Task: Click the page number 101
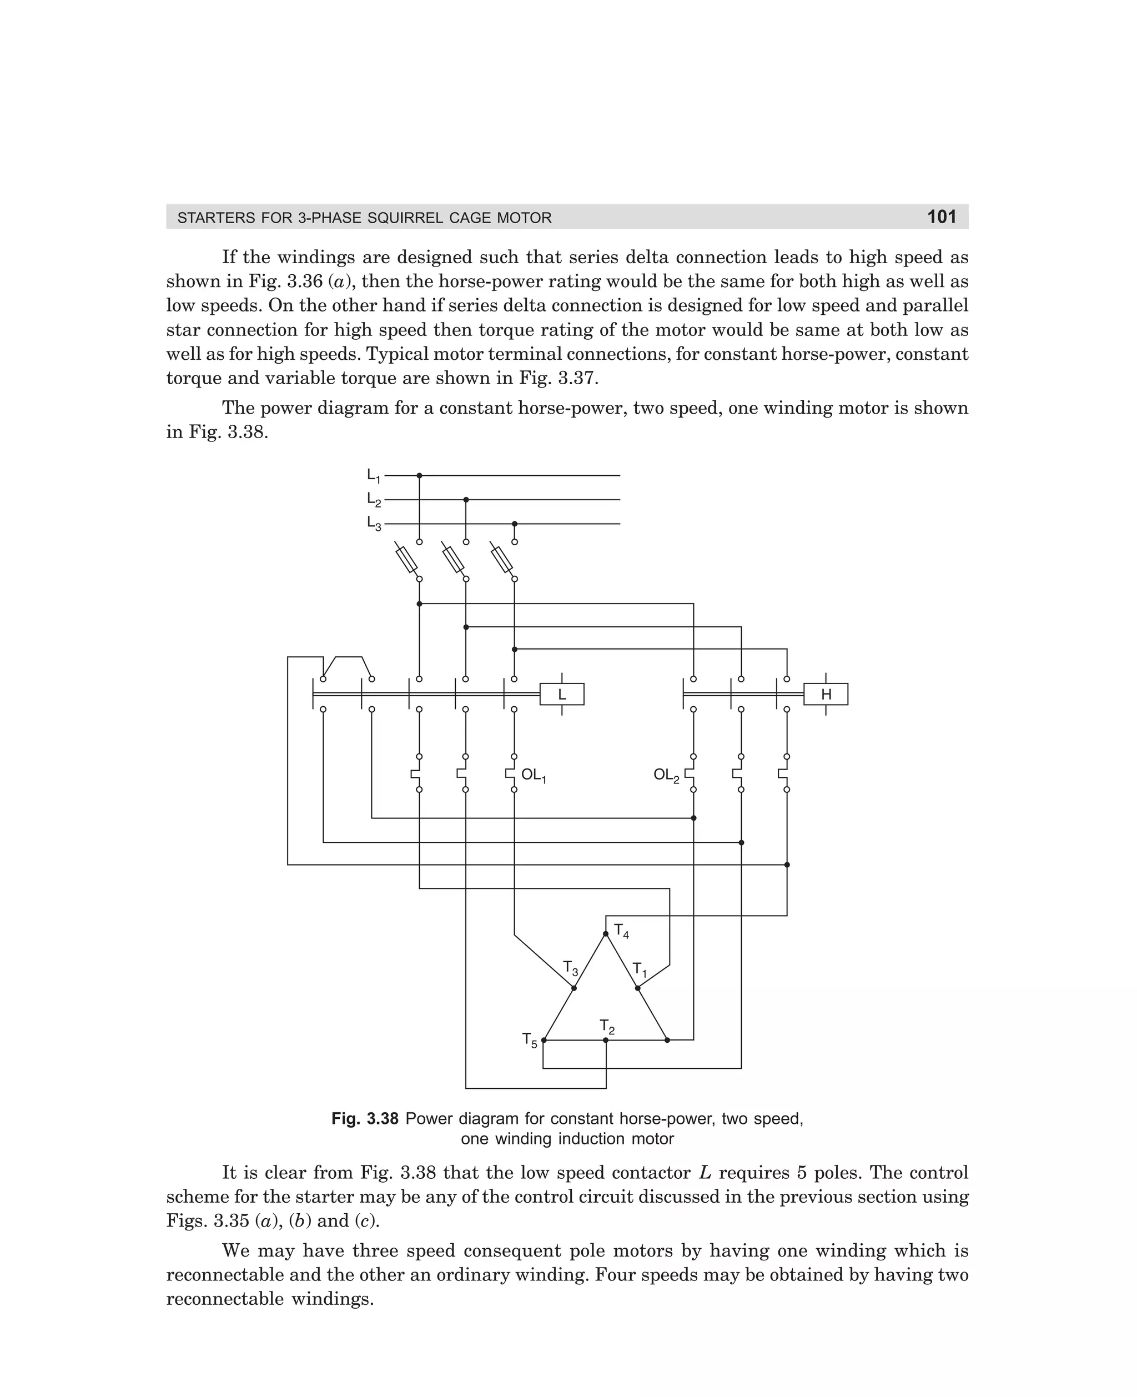942,217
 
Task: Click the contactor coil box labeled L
561,694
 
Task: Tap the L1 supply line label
373,475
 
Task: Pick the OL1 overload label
533,776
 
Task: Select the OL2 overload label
666,776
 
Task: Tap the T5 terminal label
529,1040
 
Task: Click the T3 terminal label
571,968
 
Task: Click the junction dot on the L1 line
420,475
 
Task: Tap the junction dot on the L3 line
514,524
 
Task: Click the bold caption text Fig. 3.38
364,1119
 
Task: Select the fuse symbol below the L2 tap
453,559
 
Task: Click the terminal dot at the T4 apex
606,934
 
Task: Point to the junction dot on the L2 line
466,500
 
